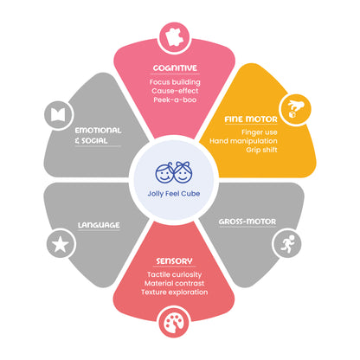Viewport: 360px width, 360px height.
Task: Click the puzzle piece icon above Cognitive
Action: click(175, 37)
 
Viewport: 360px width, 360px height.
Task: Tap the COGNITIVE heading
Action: click(175, 68)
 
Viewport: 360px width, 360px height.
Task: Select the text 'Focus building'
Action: click(175, 82)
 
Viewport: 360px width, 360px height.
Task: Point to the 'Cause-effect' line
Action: click(175, 91)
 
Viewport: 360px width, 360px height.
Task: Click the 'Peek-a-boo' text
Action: click(175, 100)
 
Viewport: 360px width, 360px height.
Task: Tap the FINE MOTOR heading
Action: click(251, 119)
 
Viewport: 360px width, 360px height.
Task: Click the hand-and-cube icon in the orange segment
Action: click(295, 109)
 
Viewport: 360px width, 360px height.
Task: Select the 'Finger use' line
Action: click(260, 132)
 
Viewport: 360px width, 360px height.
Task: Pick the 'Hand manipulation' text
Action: click(243, 141)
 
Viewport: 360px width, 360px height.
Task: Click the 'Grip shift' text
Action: click(261, 150)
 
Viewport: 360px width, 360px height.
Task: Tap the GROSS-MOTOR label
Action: click(247, 222)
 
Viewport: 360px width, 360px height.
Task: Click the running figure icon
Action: click(288, 244)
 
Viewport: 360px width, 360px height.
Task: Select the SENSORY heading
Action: click(174, 261)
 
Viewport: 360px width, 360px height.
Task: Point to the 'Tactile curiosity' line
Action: click(174, 274)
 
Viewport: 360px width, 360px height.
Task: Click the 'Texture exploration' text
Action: click(174, 292)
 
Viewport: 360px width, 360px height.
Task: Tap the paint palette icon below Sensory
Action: click(174, 323)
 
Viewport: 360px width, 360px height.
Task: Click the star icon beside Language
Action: click(61, 244)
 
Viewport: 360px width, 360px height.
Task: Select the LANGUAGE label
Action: click(99, 225)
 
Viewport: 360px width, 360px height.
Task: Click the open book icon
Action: click(58, 115)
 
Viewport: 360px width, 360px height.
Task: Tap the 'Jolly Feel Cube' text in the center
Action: click(174, 194)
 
